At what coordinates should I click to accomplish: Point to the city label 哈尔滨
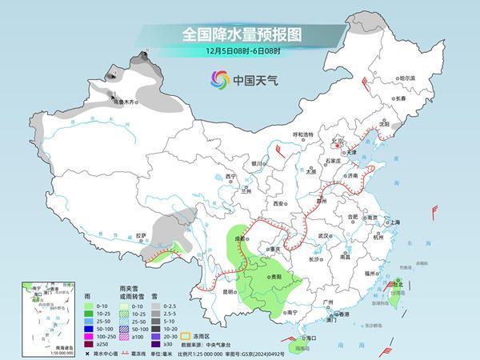[x=408, y=78]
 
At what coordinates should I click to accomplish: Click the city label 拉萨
[x=141, y=235]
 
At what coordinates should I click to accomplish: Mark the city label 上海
[x=392, y=222]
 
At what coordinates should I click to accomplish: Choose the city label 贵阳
[x=276, y=275]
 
